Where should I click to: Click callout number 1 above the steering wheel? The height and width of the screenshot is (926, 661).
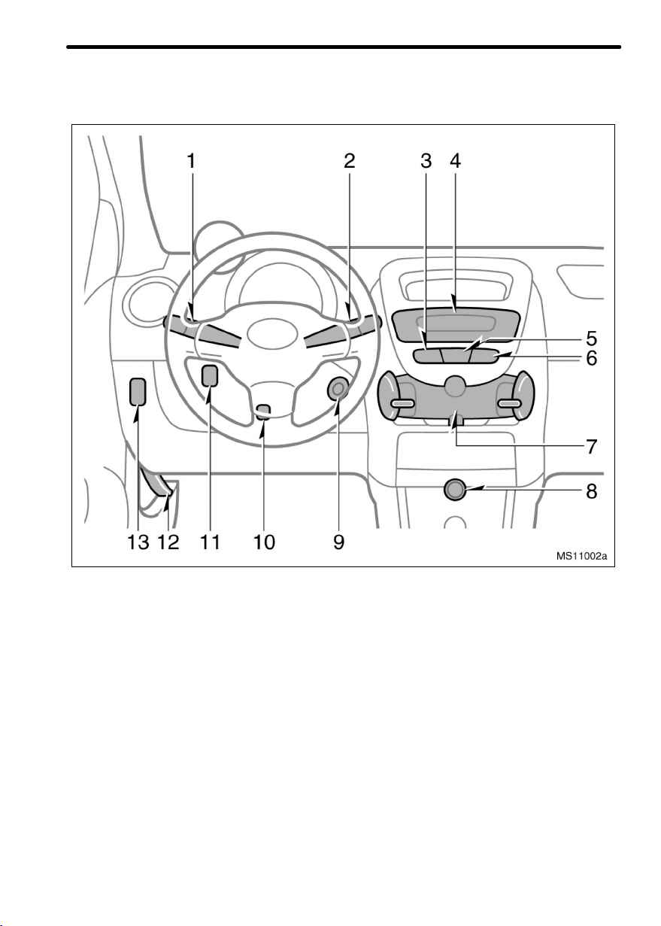pos(191,161)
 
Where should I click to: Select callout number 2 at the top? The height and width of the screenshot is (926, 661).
pos(350,161)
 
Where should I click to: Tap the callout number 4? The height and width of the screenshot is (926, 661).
pos(455,161)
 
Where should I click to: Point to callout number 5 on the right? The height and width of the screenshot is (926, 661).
pos(592,339)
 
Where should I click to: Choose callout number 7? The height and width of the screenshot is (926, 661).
pos(592,447)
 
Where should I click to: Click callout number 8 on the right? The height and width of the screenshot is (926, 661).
pos(592,491)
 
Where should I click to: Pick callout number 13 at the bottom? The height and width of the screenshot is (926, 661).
pos(138,542)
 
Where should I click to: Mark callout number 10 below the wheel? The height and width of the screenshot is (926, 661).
pos(264,542)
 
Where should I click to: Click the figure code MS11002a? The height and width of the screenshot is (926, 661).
pos(581,556)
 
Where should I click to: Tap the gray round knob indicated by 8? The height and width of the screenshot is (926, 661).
pos(455,490)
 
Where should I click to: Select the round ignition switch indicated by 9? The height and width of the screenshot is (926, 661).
pos(338,389)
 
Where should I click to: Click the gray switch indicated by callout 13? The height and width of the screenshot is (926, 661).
pos(138,391)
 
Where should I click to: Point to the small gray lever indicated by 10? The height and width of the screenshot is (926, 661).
pos(263,412)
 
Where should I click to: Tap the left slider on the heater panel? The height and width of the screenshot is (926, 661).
pos(402,403)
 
